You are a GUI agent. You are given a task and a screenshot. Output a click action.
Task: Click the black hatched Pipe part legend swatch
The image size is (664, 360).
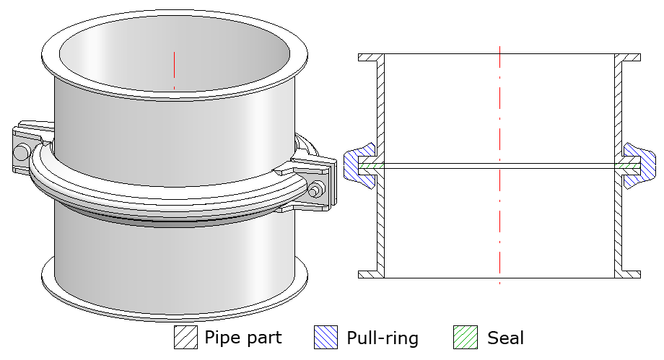point(185,338)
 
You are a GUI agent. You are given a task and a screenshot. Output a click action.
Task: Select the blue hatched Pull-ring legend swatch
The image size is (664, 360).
point(326,338)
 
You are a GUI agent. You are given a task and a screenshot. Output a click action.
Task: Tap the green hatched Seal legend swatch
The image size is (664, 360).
point(466,338)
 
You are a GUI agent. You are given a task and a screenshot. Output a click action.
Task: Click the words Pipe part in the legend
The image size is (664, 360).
point(243,338)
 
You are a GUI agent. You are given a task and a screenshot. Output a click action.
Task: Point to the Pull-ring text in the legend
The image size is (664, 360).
point(383,338)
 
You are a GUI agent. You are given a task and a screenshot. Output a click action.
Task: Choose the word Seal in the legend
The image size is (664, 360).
point(505,338)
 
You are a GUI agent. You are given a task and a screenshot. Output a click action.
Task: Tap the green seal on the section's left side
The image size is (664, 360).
point(372,165)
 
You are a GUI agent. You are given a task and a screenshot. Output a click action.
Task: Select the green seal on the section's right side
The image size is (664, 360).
point(626,165)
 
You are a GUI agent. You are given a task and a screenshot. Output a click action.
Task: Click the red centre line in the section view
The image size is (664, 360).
point(499,108)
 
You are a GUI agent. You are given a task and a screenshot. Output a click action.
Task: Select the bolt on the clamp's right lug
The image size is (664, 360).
point(315,190)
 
